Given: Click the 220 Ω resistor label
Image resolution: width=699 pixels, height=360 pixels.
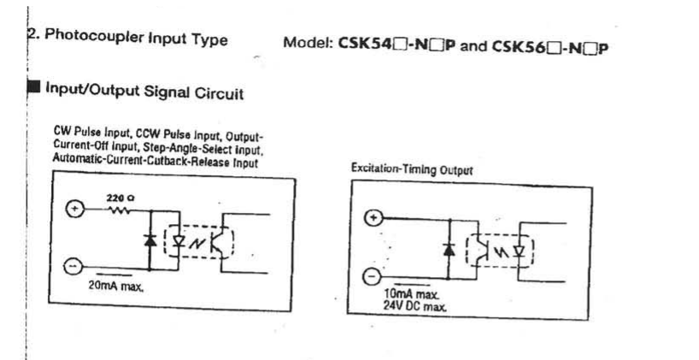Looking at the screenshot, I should [119, 198].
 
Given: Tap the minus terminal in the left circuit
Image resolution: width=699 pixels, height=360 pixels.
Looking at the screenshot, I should [75, 268].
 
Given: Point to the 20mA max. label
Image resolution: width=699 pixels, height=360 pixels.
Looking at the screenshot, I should [116, 286].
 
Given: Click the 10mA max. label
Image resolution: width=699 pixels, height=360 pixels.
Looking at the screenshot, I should [417, 294].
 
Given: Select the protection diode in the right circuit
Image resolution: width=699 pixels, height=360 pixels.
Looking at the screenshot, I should [448, 249].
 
